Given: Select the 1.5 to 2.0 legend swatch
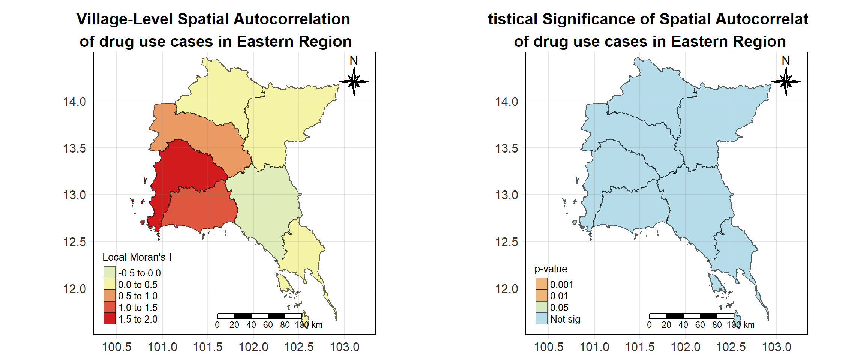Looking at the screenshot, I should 109,318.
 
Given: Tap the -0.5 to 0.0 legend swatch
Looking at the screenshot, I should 109,272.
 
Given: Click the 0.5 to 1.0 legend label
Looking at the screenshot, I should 138,296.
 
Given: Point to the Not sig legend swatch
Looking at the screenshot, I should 541,318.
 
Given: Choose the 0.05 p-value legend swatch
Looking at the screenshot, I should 541,307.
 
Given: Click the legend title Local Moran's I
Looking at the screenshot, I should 137,257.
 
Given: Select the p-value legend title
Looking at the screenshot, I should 550,269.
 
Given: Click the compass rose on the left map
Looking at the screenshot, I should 354,81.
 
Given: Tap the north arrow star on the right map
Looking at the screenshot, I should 786,81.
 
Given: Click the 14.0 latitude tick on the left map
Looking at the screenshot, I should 75,102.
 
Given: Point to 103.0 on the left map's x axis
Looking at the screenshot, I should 344,347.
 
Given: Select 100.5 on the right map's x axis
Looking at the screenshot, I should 548,347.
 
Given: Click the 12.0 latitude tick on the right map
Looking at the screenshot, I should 507,289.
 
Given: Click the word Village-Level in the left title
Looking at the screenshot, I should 124,19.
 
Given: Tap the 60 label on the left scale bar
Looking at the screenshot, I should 268,325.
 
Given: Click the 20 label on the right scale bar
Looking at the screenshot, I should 666,325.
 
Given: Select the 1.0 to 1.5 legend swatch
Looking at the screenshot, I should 109,307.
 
